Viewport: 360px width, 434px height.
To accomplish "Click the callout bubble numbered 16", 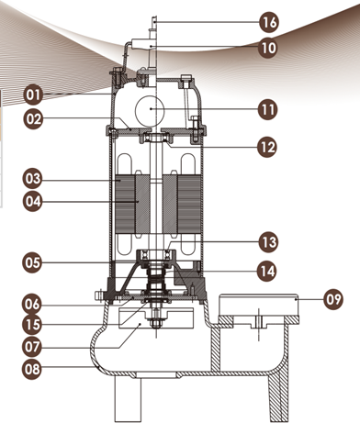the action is [269, 22].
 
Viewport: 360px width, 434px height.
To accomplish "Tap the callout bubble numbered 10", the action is [268, 48].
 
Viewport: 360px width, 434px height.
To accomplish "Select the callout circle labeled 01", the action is [33, 95].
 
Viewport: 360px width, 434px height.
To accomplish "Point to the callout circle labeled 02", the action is [33, 118].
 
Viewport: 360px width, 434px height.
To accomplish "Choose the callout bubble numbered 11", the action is [268, 110].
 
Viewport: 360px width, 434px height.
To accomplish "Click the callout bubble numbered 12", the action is [267, 148].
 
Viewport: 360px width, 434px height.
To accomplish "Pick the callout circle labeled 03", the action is [32, 179].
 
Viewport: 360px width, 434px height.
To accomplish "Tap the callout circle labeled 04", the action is [32, 202].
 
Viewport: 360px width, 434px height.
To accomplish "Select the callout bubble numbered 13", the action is [268, 242].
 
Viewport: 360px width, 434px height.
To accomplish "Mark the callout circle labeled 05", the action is [32, 262].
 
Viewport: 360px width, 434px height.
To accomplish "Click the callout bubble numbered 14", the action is [267, 271].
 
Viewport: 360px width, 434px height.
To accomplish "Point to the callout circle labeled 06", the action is [32, 305].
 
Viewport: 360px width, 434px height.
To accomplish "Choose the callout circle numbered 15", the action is [32, 325].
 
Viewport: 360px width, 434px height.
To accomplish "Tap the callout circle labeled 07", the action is [32, 347].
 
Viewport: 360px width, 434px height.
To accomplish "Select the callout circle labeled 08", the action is [32, 369].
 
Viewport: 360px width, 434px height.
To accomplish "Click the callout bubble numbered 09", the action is [333, 299].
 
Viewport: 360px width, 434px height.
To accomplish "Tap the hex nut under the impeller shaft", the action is [156, 323].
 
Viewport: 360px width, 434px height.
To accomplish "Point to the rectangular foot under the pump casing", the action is [128, 399].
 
